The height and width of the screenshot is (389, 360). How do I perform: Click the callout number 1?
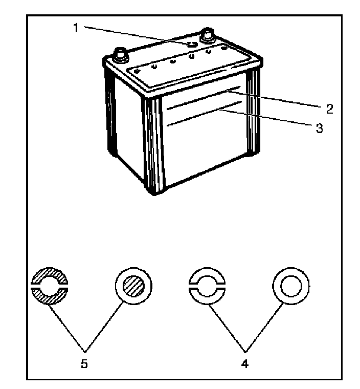[76, 28]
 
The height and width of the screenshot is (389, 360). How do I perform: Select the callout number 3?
[319, 128]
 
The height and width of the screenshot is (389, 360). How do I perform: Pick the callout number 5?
[84, 365]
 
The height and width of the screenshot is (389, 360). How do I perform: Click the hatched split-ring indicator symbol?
[50, 287]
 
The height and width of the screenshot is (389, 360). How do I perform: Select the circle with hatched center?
[134, 286]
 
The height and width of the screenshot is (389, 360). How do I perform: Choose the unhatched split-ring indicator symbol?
[207, 287]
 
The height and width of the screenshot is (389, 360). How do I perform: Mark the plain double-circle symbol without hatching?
[291, 286]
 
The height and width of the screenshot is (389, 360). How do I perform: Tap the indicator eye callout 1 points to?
[191, 45]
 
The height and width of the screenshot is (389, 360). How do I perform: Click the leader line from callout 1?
[133, 36]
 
